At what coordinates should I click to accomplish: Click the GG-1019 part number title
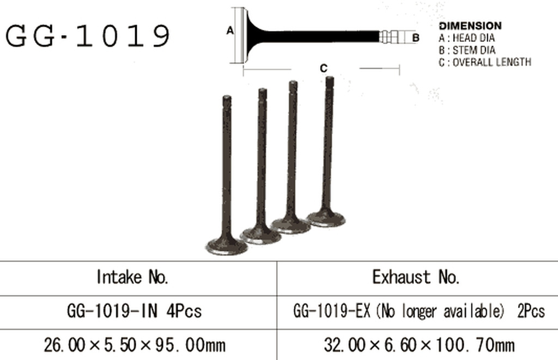click(x=88, y=35)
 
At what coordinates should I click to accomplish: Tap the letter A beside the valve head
click(x=231, y=31)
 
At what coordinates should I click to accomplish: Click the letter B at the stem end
click(x=416, y=38)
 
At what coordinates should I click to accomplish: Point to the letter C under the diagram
click(x=324, y=68)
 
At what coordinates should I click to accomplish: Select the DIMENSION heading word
click(x=470, y=26)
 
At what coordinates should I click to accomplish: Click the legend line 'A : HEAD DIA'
click(x=466, y=38)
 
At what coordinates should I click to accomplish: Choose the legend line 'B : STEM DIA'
click(x=467, y=50)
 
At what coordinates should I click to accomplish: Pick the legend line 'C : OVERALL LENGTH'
click(x=484, y=62)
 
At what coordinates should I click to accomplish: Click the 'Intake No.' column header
click(x=132, y=277)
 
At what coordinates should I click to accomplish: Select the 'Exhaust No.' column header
click(x=416, y=277)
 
